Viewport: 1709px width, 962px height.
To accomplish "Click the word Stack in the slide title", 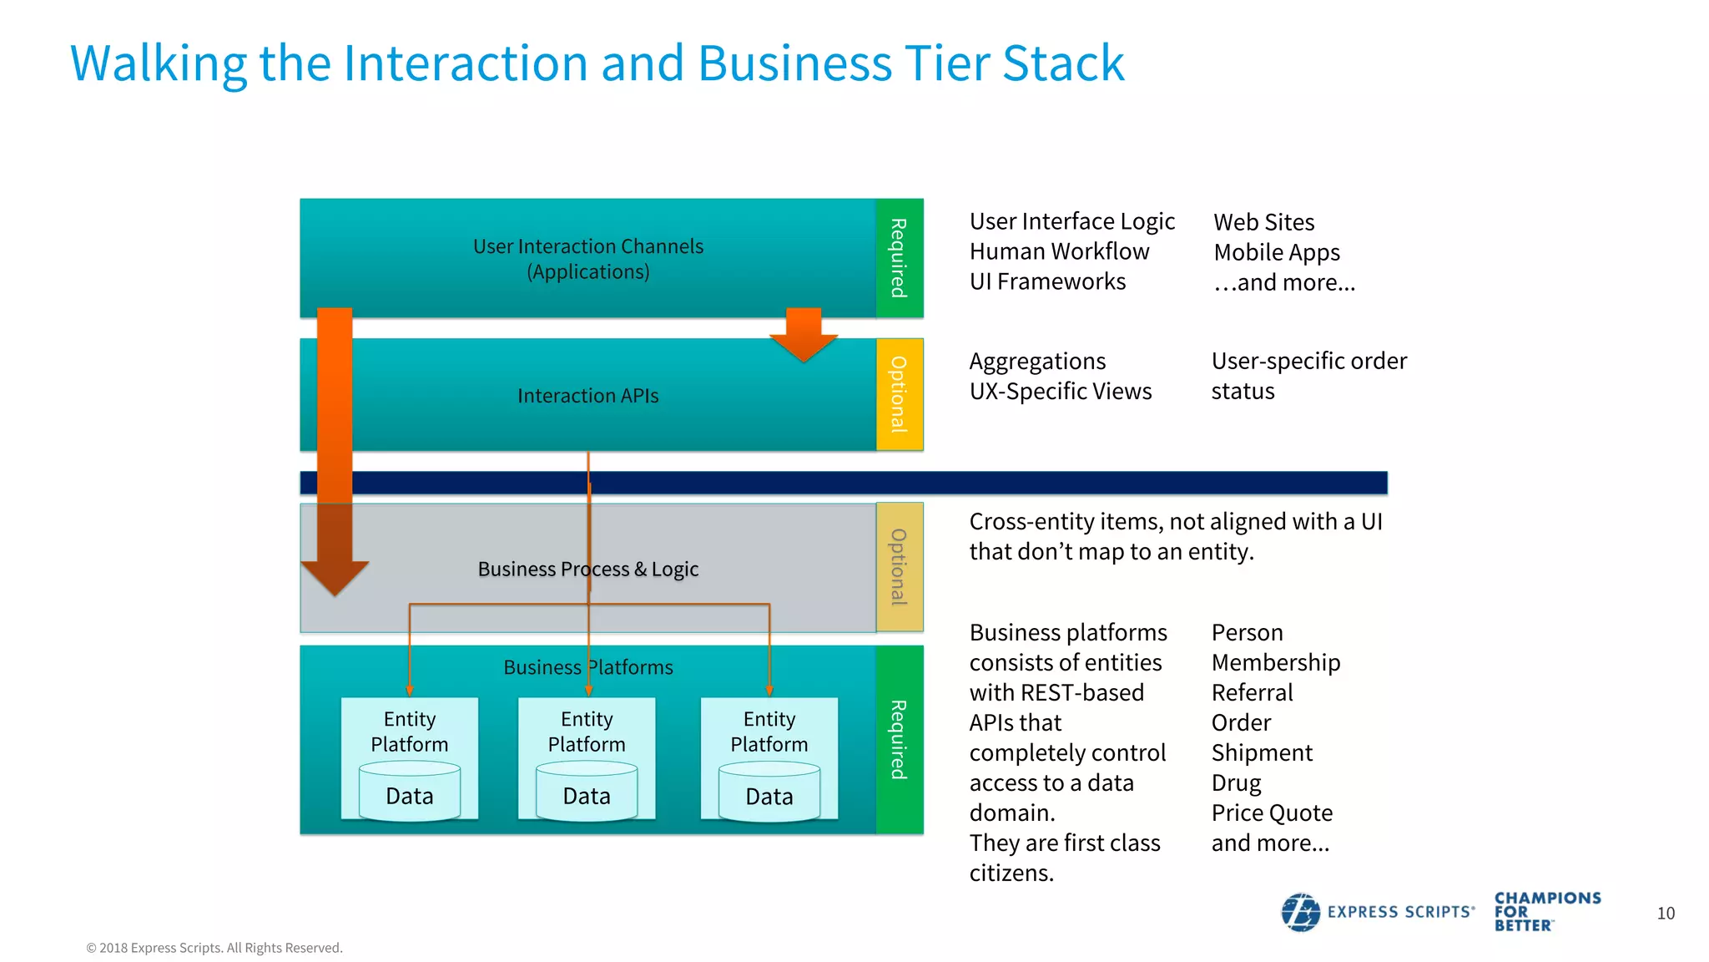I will pyautogui.click(x=1063, y=63).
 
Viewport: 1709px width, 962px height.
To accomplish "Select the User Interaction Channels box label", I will pyautogui.click(x=587, y=259).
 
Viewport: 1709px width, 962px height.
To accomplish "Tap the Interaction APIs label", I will pyautogui.click(x=587, y=396).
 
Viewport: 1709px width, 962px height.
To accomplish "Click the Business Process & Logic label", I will pyautogui.click(x=587, y=570).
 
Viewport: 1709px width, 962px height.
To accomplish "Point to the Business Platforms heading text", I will pyautogui.click(x=587, y=667).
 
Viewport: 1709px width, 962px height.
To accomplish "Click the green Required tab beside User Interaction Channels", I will pyautogui.click(x=899, y=258).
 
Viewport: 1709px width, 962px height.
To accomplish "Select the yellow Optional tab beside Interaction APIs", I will pyautogui.click(x=899, y=394).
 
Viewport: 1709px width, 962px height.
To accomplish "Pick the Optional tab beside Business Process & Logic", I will pyautogui.click(x=899, y=567).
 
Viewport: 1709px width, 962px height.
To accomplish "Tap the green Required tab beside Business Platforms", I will pyautogui.click(x=899, y=740).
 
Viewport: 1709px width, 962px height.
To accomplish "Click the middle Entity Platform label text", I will pyautogui.click(x=587, y=732).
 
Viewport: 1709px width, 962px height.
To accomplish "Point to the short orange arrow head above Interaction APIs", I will pyautogui.click(x=804, y=343).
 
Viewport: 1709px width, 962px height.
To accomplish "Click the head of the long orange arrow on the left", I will pyautogui.click(x=335, y=576).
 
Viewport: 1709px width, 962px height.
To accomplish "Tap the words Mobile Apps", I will pyautogui.click(x=1277, y=252).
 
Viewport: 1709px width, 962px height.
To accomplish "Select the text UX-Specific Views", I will pyautogui.click(x=1060, y=392).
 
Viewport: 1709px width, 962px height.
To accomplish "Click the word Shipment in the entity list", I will pyautogui.click(x=1262, y=753).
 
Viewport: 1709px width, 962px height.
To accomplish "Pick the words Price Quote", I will pyautogui.click(x=1272, y=813).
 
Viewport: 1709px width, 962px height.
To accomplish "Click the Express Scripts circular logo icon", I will pyautogui.click(x=1300, y=912).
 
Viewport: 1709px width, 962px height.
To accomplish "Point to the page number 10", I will pyautogui.click(x=1666, y=914).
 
